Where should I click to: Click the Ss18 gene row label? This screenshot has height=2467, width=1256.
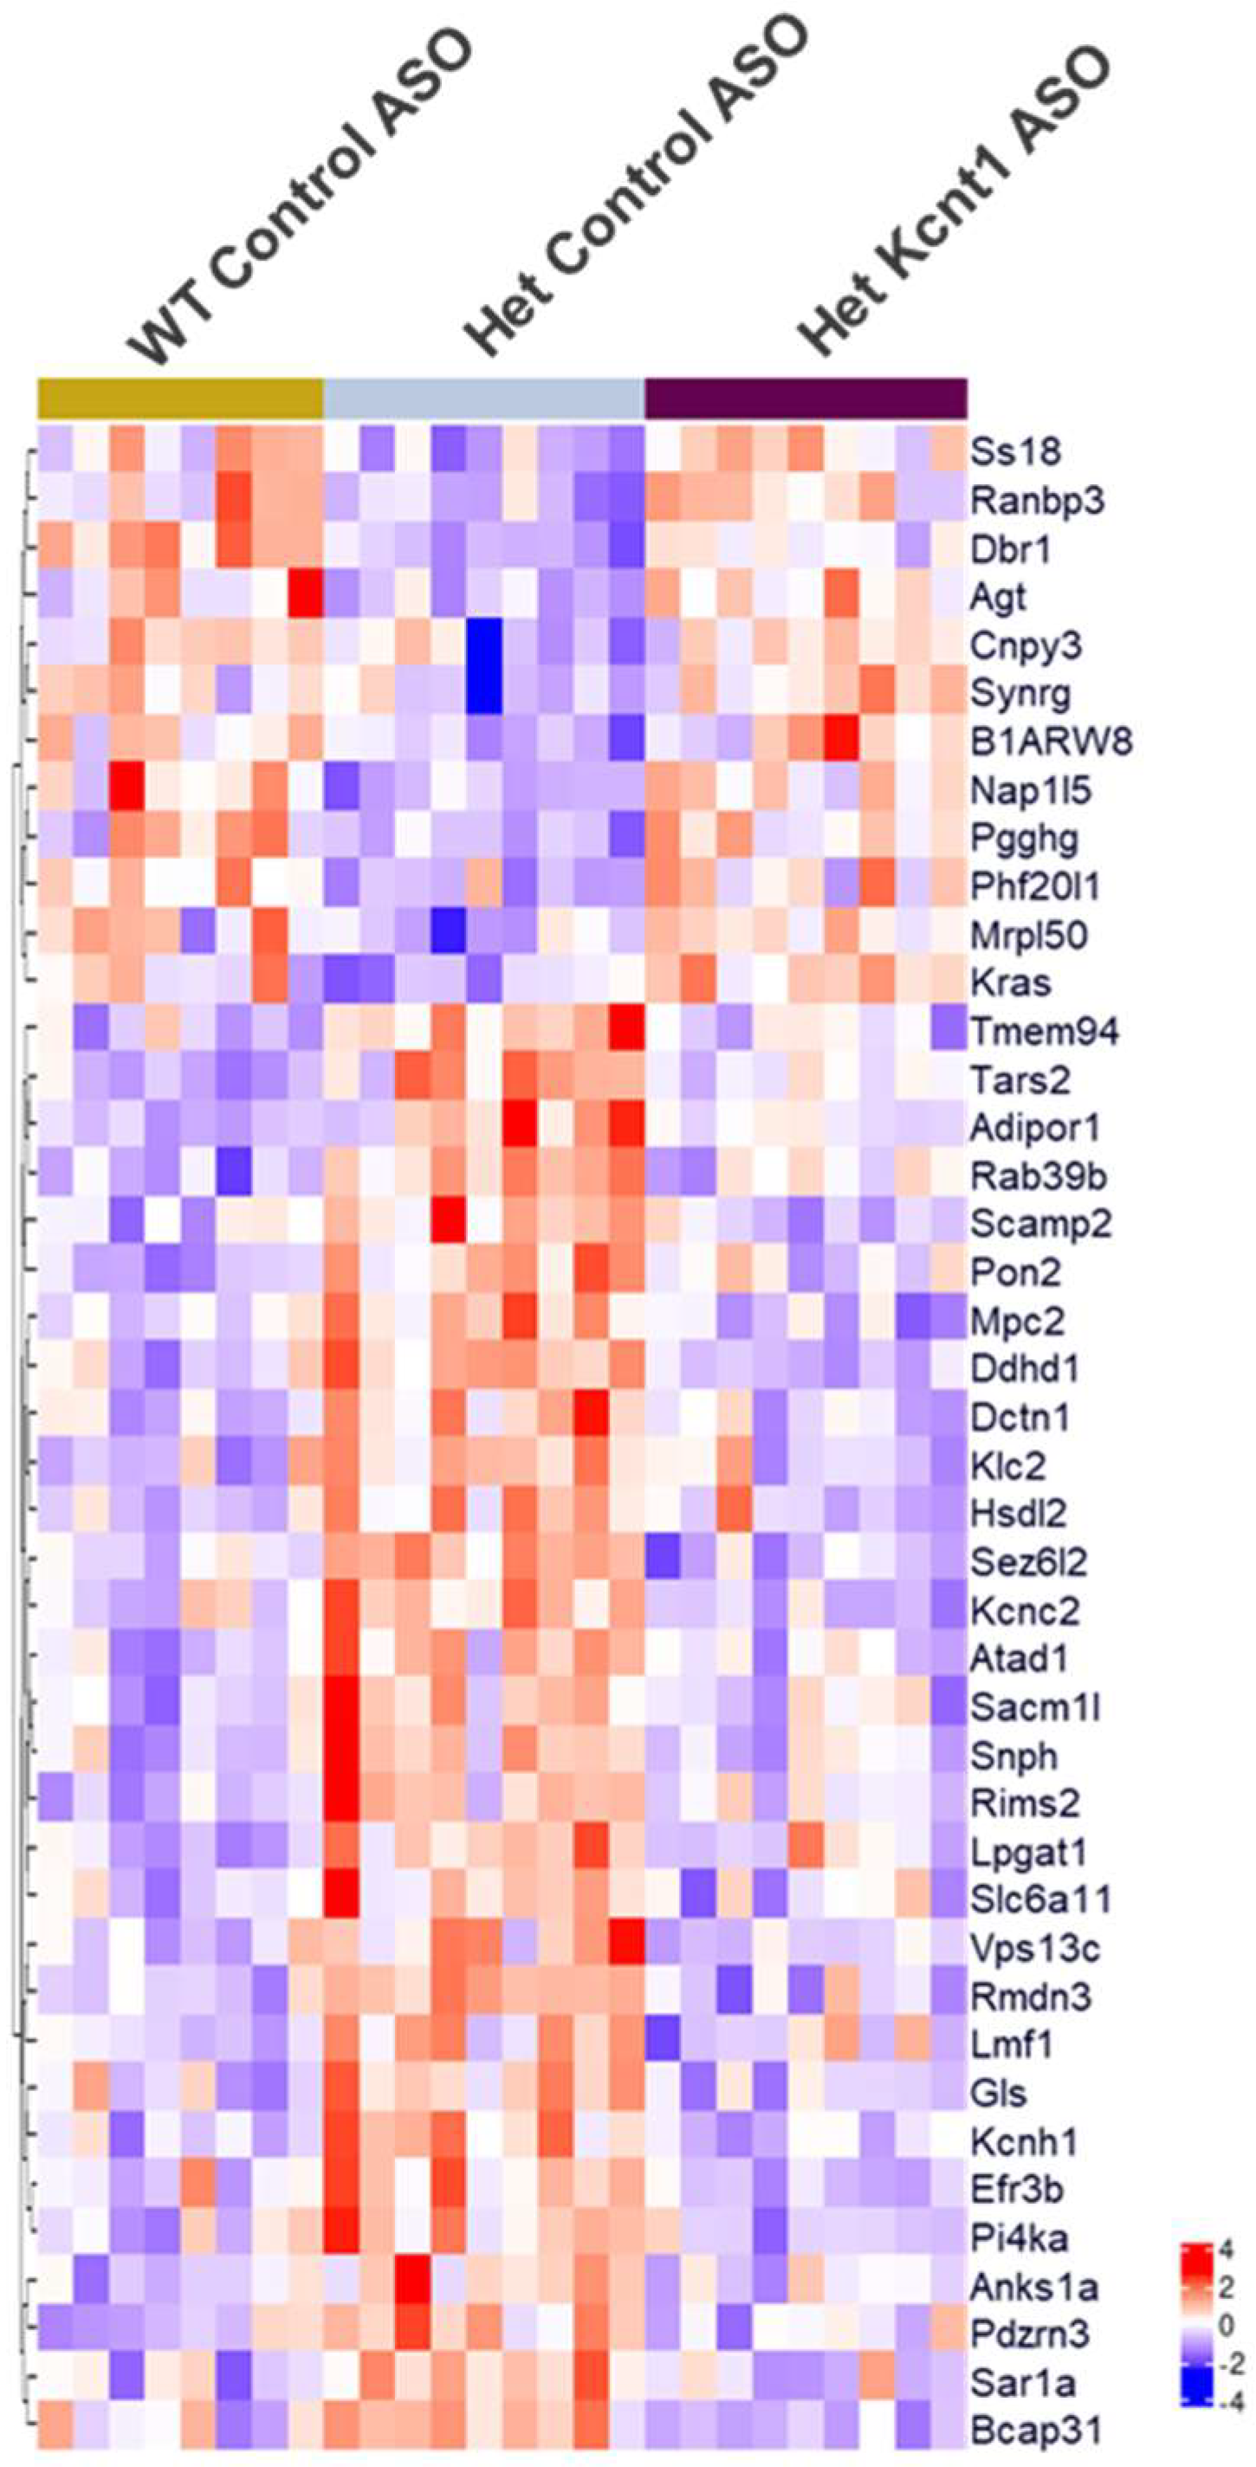[x=1014, y=450]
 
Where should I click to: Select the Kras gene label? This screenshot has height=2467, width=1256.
[x=1011, y=983]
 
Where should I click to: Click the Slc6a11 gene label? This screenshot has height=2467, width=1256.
[x=1040, y=1900]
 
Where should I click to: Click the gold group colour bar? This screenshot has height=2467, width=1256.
[x=180, y=398]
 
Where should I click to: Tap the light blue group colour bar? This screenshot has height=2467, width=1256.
[x=484, y=398]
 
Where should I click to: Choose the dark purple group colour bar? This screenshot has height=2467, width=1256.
[x=806, y=398]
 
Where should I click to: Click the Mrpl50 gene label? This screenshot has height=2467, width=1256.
[x=1028, y=935]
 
